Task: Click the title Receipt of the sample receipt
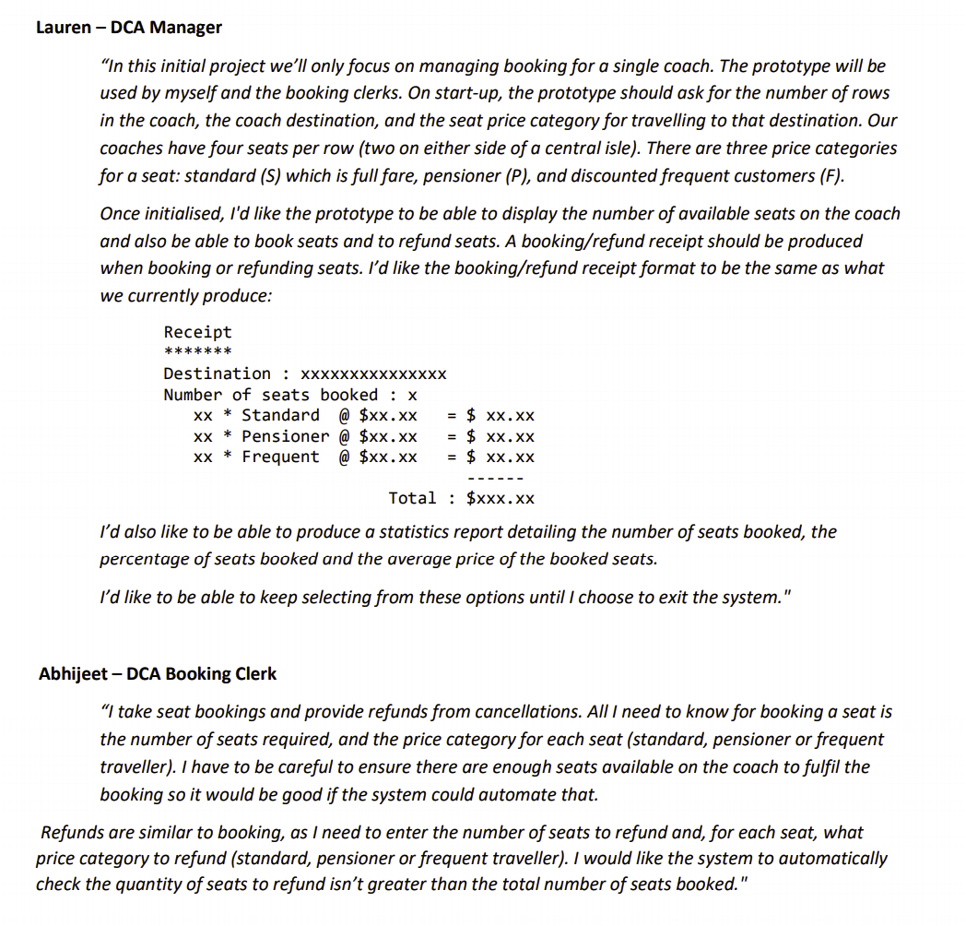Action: click(197, 332)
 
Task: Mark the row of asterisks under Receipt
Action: click(197, 351)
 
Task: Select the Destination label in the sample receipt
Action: click(218, 374)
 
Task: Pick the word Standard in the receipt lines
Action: click(280, 416)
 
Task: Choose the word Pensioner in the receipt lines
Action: click(285, 436)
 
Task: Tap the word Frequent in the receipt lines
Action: click(280, 457)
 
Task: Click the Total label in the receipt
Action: click(412, 498)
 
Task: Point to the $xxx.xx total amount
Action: click(501, 498)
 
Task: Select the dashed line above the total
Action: click(496, 478)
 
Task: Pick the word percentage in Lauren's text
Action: click(142, 559)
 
